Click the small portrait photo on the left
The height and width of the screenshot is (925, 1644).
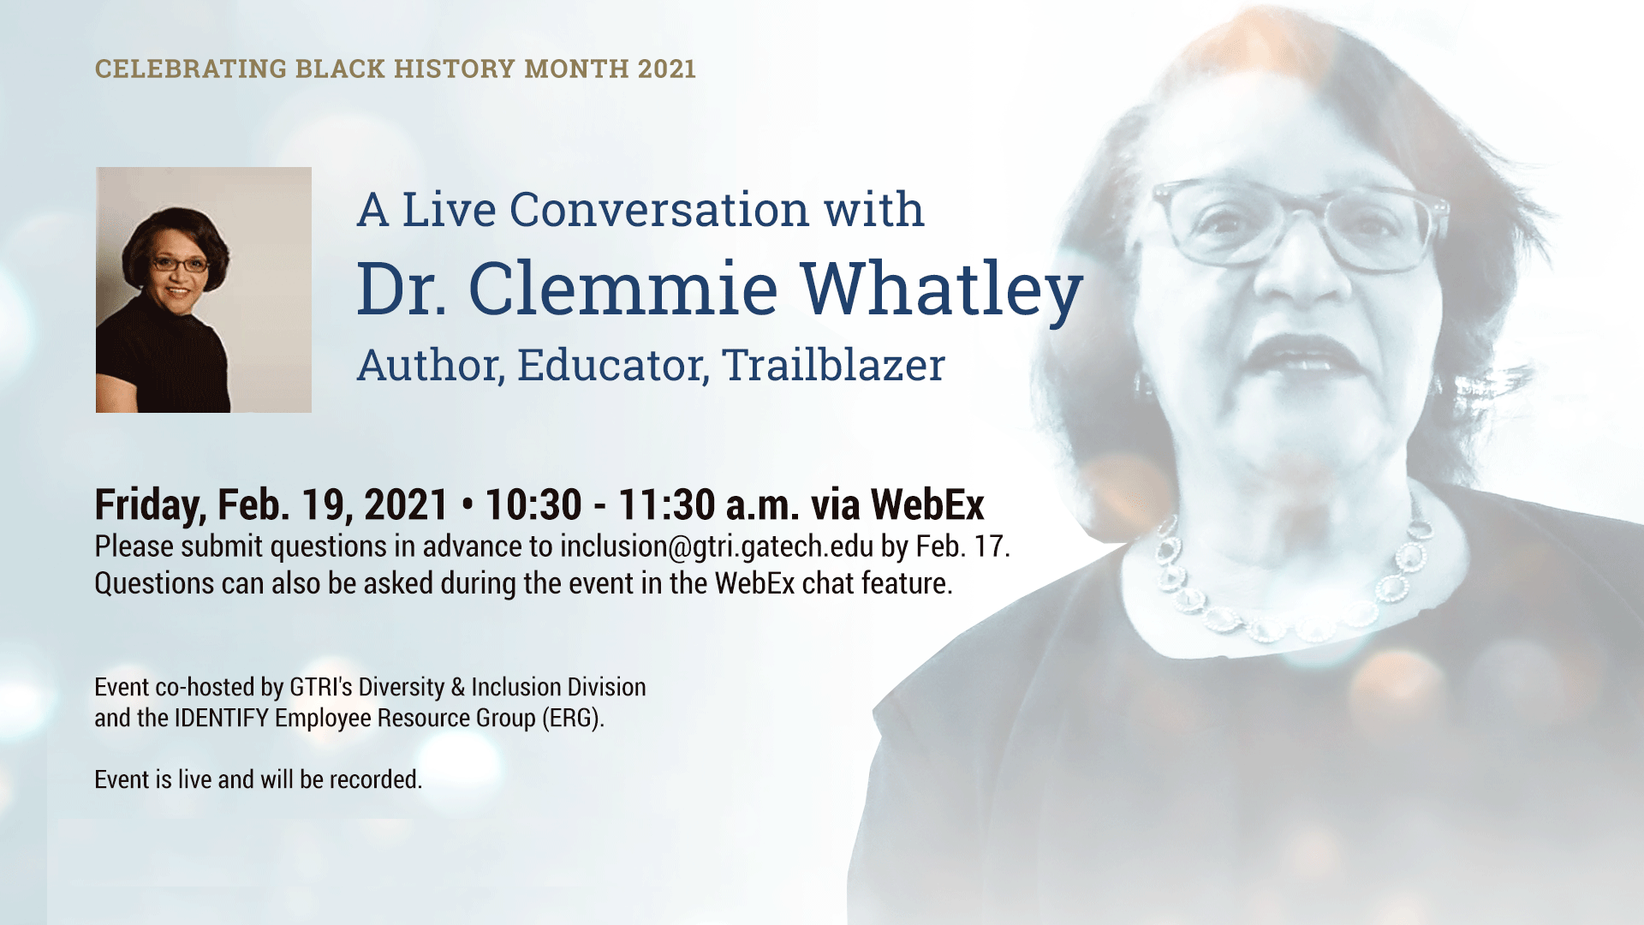(x=204, y=289)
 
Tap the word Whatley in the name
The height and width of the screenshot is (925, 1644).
(x=941, y=289)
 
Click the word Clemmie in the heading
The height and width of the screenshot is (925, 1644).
(x=623, y=288)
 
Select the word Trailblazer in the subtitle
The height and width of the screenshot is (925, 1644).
(x=833, y=365)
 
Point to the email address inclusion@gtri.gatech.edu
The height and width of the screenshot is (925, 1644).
(x=717, y=546)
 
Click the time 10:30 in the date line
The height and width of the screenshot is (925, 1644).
(x=533, y=504)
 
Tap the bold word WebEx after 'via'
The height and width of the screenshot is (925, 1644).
(x=927, y=504)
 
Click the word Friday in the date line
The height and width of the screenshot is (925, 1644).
(x=151, y=505)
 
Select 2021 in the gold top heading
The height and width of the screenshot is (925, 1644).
(x=666, y=69)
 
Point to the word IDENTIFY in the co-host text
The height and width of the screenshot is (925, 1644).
(x=222, y=718)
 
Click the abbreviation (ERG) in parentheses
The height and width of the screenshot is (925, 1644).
(x=573, y=718)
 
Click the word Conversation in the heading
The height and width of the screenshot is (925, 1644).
(x=659, y=210)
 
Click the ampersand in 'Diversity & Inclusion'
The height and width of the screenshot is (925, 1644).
(x=458, y=687)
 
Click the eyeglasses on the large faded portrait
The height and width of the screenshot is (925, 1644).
(x=1300, y=224)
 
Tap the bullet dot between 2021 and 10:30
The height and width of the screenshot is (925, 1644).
(x=467, y=505)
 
